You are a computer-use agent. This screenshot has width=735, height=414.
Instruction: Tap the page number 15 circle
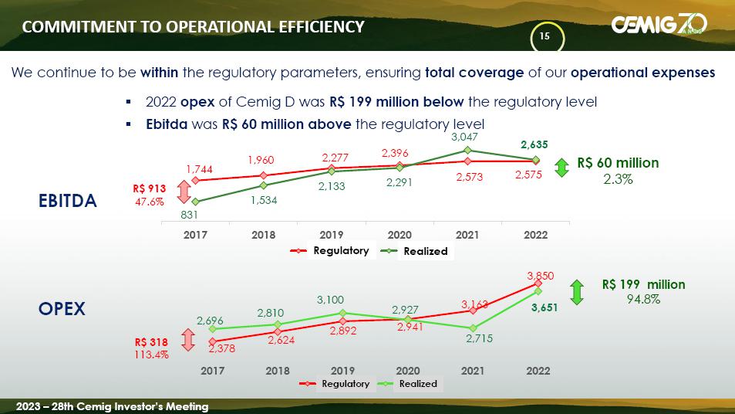[x=545, y=37]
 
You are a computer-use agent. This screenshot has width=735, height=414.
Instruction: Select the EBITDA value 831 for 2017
[x=198, y=216]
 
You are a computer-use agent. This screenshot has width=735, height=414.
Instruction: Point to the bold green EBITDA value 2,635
[x=534, y=144]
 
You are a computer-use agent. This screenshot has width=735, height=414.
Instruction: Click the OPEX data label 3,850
[x=540, y=274]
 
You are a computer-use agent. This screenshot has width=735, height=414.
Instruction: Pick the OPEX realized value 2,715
[x=478, y=338]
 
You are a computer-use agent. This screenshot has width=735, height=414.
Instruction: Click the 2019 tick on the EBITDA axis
[x=332, y=235]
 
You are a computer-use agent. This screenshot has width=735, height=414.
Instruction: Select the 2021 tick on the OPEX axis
[x=473, y=371]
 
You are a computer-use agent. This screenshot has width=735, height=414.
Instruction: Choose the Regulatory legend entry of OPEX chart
[x=346, y=384]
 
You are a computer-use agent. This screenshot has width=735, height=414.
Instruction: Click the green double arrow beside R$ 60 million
[x=562, y=169]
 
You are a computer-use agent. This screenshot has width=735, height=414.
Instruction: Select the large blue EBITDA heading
[x=68, y=202]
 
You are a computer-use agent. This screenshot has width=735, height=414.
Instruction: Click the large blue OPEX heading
[x=62, y=309]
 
